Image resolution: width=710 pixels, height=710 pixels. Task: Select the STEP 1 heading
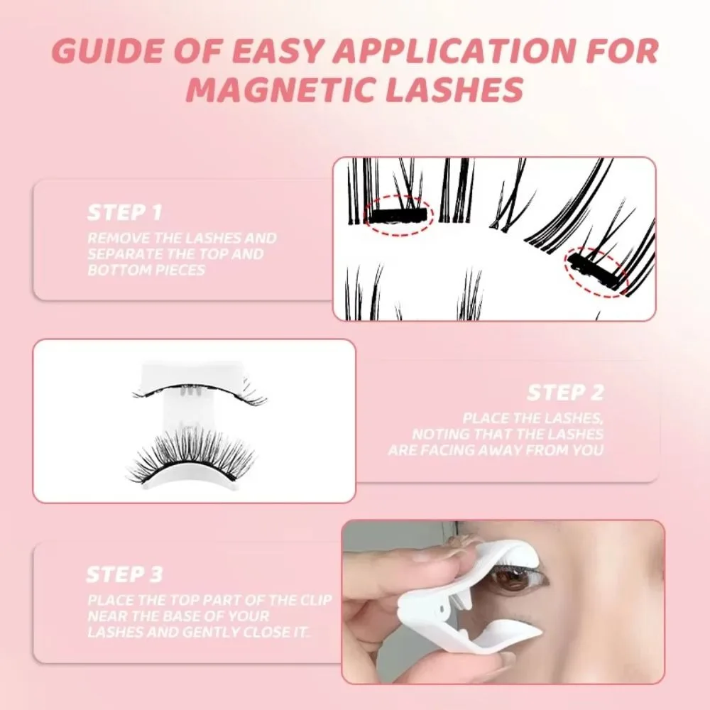click(x=125, y=212)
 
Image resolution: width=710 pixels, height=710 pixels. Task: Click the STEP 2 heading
click(x=565, y=393)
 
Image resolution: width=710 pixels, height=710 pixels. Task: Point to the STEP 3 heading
click(x=125, y=574)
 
